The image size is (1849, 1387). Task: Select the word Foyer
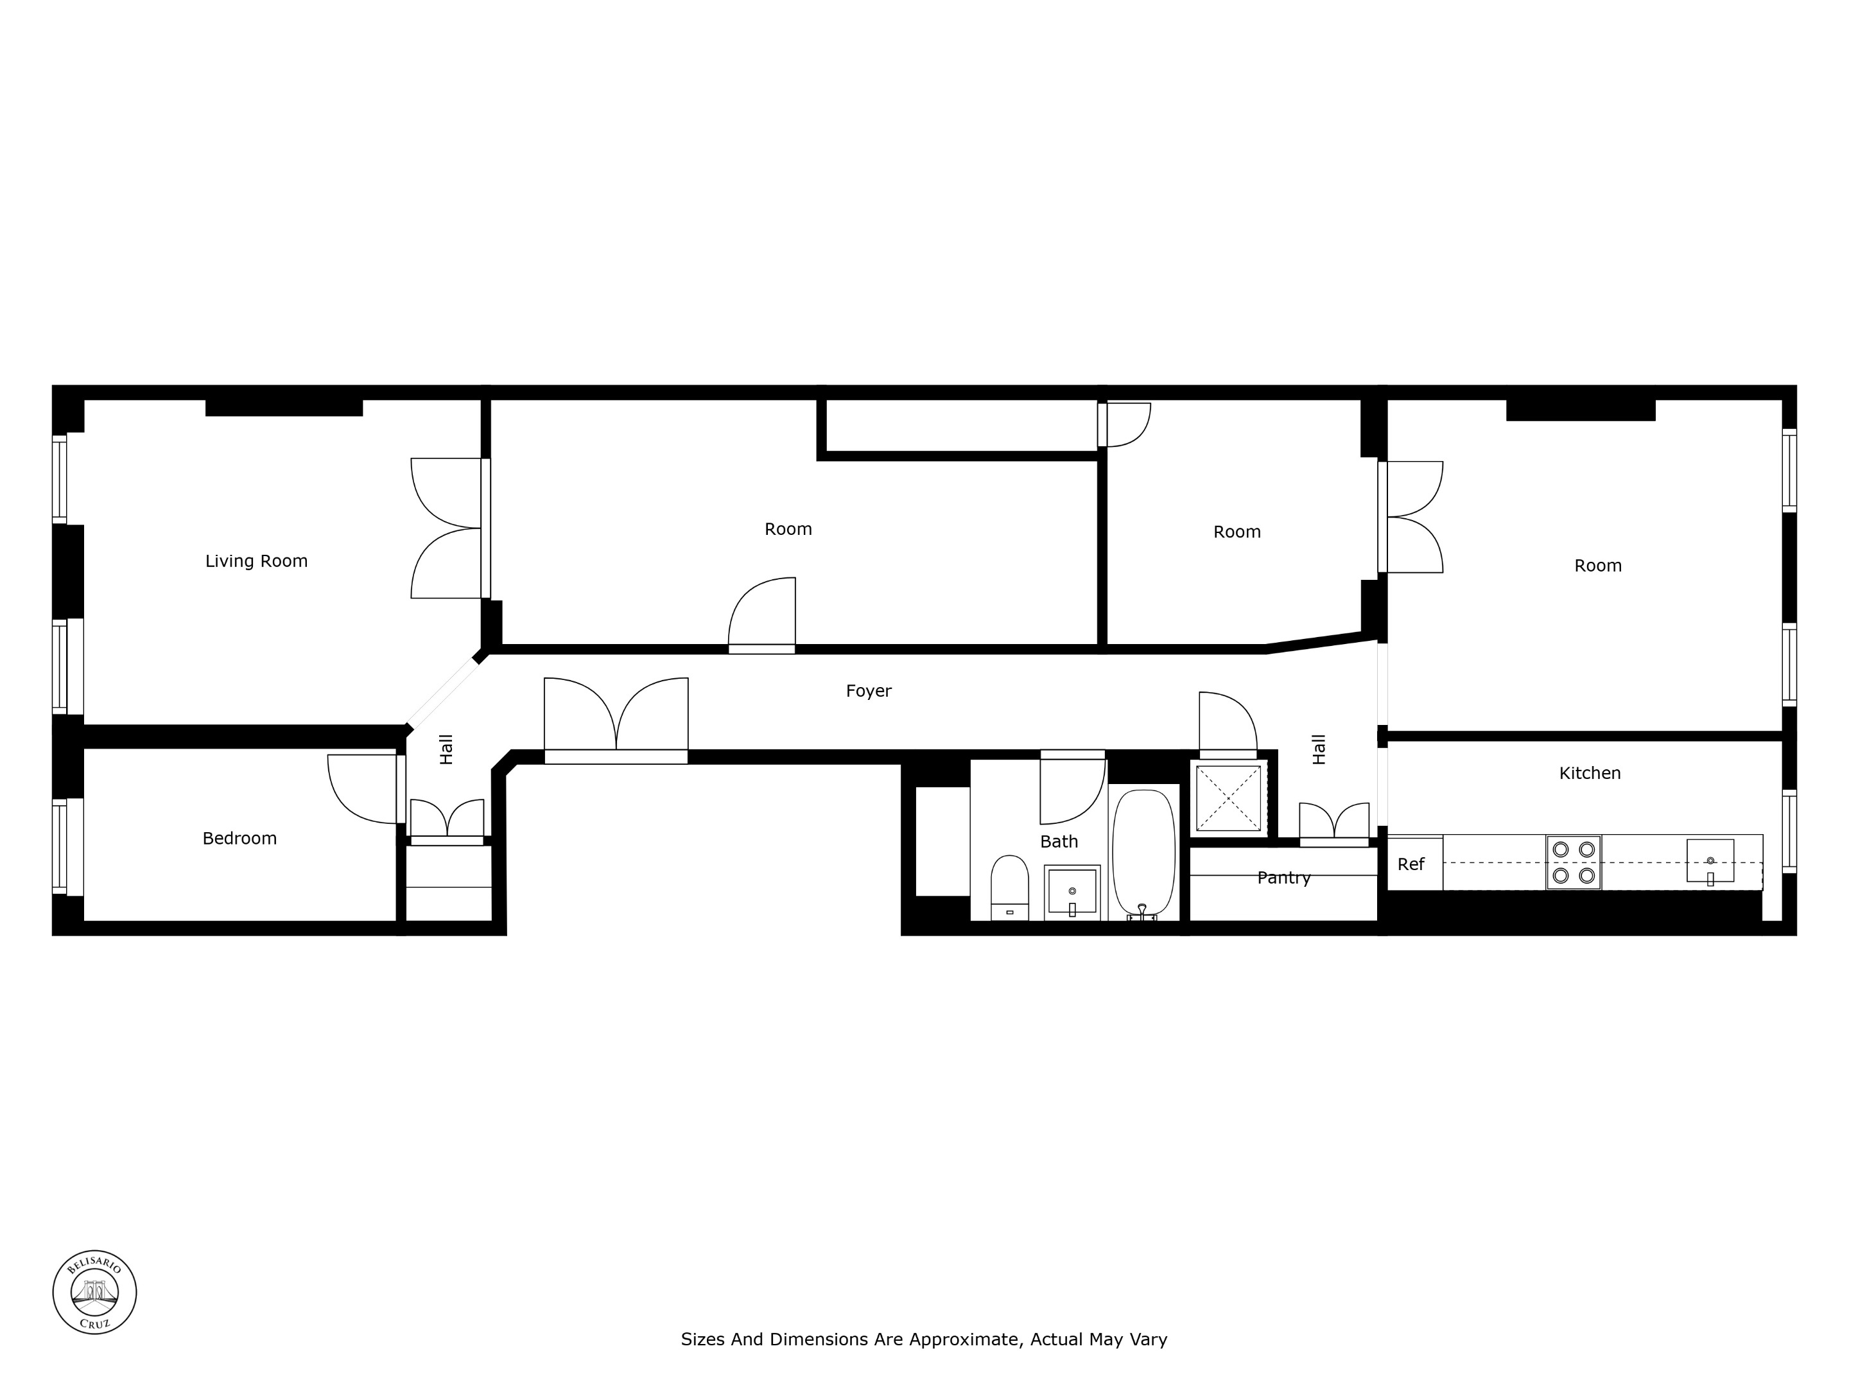tap(869, 690)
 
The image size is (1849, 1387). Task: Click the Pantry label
tap(1283, 878)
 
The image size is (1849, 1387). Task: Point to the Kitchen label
tap(1589, 773)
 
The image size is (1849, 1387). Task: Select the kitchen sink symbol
tap(1710, 861)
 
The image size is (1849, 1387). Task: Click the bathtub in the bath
tap(1143, 853)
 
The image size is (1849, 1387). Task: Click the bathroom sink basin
tap(1072, 893)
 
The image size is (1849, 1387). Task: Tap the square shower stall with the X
tap(1228, 798)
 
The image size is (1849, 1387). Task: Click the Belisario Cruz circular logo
tap(94, 1293)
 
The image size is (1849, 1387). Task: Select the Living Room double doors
tap(447, 528)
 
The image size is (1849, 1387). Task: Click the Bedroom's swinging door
tap(363, 789)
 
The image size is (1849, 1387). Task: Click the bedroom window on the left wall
tap(59, 844)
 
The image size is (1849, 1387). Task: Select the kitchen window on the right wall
tap(1788, 831)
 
